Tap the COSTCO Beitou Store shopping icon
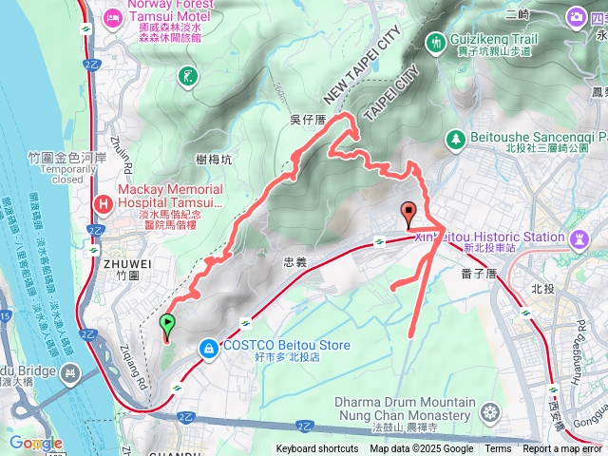point(207,351)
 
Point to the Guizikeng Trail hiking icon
point(436,43)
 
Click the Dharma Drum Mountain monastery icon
point(490,412)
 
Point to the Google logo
point(36,443)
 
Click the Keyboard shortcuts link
point(317,449)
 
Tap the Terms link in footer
point(498,449)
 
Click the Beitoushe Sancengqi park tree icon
point(455,138)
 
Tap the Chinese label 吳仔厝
point(307,119)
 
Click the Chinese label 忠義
point(295,261)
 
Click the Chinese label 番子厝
point(479,274)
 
